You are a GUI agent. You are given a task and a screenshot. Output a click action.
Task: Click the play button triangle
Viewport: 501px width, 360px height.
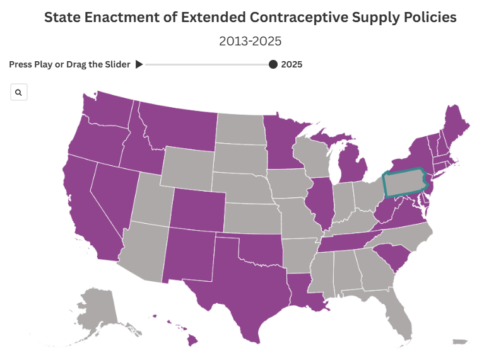point(139,64)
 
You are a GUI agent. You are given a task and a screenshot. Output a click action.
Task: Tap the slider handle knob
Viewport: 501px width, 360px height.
point(273,64)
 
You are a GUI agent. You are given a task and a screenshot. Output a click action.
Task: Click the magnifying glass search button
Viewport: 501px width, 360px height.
point(19,92)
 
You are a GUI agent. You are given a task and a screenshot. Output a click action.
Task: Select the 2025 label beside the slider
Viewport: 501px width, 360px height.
point(292,64)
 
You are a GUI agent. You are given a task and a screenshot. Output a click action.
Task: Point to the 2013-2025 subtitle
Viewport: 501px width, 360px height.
point(250,41)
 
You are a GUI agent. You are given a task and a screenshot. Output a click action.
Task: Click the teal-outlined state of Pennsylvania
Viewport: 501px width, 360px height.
point(404,182)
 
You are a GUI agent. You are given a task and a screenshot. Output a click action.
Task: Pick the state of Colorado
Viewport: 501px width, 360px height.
point(197,210)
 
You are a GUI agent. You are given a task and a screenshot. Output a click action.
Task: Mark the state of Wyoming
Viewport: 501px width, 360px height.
point(187,168)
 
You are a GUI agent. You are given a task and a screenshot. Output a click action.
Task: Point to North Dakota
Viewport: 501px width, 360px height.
point(241,128)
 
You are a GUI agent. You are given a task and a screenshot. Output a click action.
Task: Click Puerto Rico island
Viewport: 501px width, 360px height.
point(460,342)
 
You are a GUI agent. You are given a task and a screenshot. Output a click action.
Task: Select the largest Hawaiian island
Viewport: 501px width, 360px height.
point(192,340)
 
